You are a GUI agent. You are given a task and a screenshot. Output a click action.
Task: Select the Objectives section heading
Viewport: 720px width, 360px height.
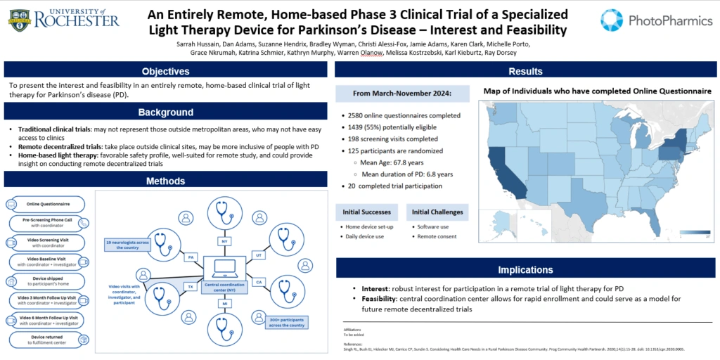165,71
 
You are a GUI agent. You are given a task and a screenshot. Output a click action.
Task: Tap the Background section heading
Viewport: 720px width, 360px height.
165,112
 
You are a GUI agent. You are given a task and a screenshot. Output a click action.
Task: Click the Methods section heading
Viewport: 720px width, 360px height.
165,181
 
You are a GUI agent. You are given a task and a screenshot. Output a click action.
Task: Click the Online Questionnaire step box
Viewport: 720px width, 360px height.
47,204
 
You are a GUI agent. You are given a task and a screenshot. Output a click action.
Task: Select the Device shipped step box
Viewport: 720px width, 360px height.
47,281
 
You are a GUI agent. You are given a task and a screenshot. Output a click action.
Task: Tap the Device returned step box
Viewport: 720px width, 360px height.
47,339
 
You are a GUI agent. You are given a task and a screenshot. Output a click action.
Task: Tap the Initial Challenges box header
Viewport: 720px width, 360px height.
437,212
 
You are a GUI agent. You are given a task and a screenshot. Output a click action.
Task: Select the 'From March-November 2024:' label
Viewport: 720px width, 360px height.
401,94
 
